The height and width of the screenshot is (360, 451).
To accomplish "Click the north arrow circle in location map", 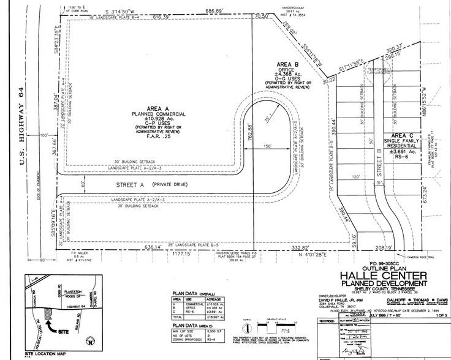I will [x=90, y=340].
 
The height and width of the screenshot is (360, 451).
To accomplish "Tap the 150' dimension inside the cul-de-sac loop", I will [x=265, y=148].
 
